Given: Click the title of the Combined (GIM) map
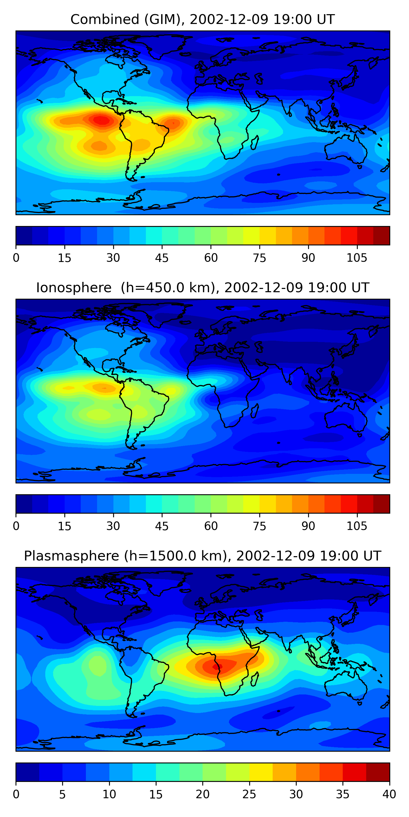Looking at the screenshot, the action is (x=203, y=19).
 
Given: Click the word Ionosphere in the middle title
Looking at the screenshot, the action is (x=74, y=288).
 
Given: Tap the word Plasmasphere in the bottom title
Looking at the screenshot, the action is (x=71, y=556).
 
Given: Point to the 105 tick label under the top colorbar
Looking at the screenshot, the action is (x=357, y=258).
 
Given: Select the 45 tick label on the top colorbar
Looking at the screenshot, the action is (x=162, y=258).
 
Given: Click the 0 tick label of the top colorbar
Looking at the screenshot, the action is (x=16, y=258).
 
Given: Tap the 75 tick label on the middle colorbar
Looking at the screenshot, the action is (x=259, y=526).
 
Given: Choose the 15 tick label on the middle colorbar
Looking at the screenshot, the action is (x=64, y=526).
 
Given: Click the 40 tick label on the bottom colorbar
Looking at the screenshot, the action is (x=389, y=794).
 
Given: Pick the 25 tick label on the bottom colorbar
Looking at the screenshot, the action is (x=249, y=794).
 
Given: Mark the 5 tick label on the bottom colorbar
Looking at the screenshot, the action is (x=62, y=794).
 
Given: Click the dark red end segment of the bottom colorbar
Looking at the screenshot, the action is (x=378, y=772).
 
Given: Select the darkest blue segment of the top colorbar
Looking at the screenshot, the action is (x=24, y=236).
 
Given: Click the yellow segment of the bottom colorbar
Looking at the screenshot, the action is (x=261, y=772).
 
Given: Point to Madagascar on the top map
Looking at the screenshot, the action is (x=255, y=142).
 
